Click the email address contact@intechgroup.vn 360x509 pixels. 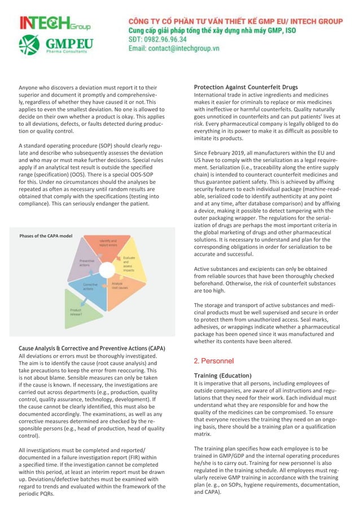click(174, 49)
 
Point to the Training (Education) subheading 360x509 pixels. click(223, 375)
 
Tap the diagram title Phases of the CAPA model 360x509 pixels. click(46, 236)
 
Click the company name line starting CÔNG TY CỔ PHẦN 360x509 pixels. click(235, 21)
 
